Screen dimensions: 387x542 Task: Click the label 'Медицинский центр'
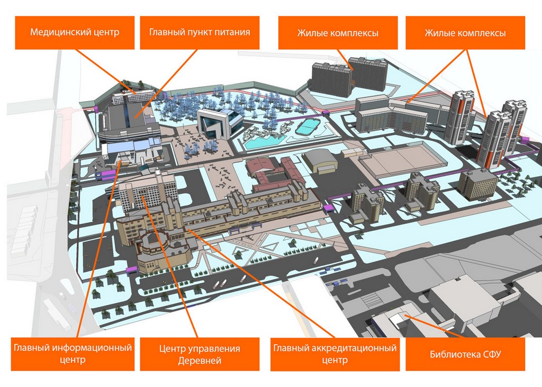coord(75,32)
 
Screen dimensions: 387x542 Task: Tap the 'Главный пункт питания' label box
coord(200,32)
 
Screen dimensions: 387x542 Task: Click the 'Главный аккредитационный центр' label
coord(335,354)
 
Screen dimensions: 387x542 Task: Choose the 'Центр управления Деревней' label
coord(200,355)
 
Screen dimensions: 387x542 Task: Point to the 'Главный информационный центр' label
coord(73,354)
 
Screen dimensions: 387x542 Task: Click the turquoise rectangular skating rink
coord(306,127)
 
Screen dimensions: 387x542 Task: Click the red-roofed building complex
coord(275,172)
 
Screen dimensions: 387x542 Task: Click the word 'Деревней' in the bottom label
coord(200,361)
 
